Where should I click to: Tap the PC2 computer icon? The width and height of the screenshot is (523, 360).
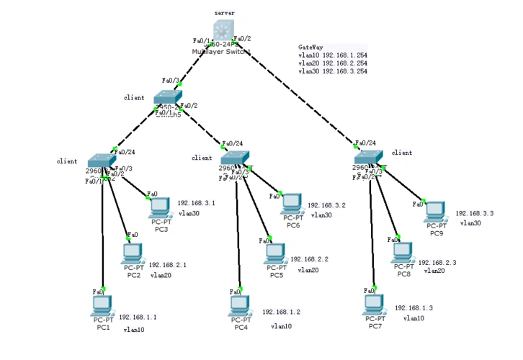132,253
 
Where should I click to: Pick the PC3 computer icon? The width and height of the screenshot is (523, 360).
160,207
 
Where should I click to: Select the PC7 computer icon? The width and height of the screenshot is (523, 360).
375,305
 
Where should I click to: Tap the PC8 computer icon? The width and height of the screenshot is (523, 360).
403,252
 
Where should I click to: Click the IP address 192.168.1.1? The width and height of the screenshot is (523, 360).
138,317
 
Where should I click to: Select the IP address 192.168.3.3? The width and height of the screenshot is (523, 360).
475,214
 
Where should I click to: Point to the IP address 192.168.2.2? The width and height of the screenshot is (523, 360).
309,259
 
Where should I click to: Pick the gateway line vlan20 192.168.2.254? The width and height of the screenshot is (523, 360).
332,63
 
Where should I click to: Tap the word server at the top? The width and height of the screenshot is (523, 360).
225,13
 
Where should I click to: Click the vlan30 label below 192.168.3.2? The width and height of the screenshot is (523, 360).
321,215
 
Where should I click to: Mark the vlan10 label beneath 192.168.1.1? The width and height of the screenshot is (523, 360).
134,330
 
